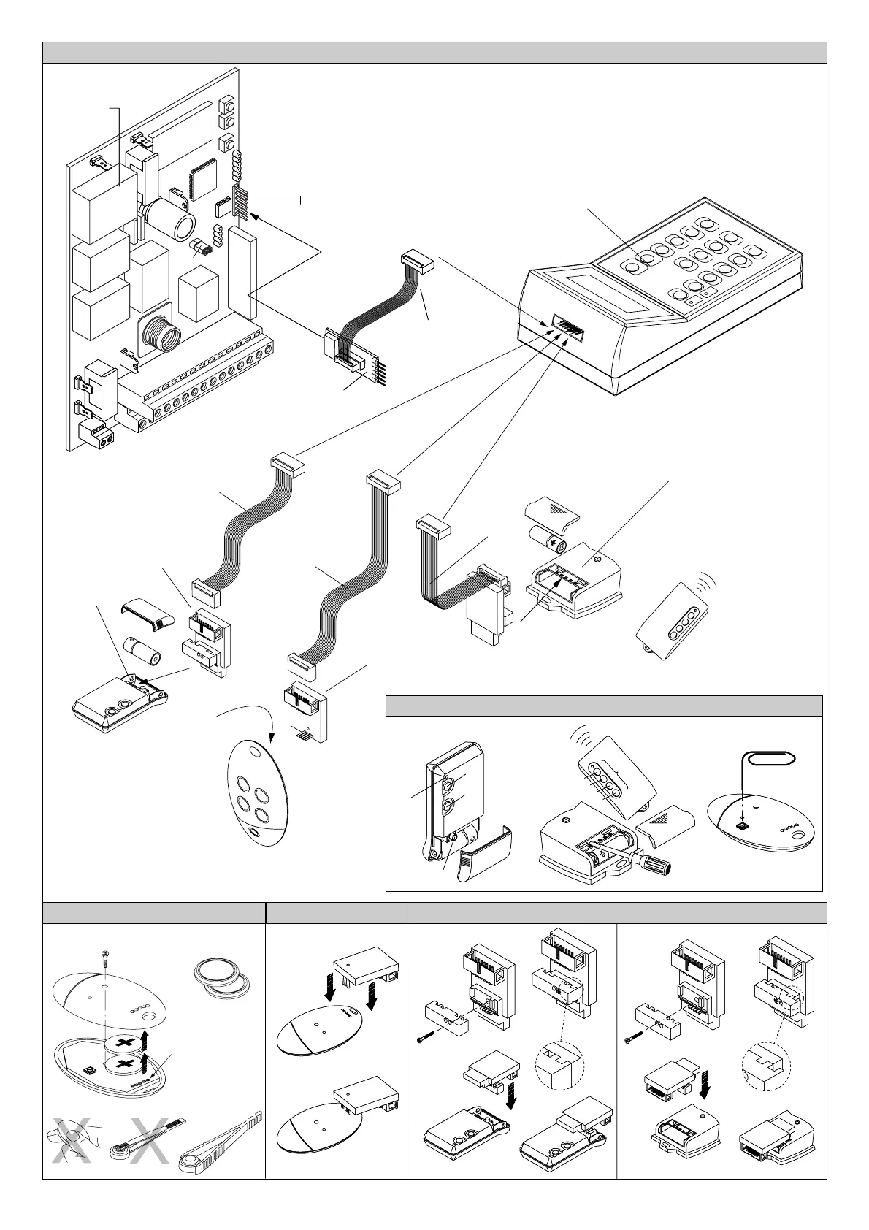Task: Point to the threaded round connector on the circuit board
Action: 158,335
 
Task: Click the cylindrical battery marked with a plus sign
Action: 552,541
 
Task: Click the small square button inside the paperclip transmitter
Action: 742,826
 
